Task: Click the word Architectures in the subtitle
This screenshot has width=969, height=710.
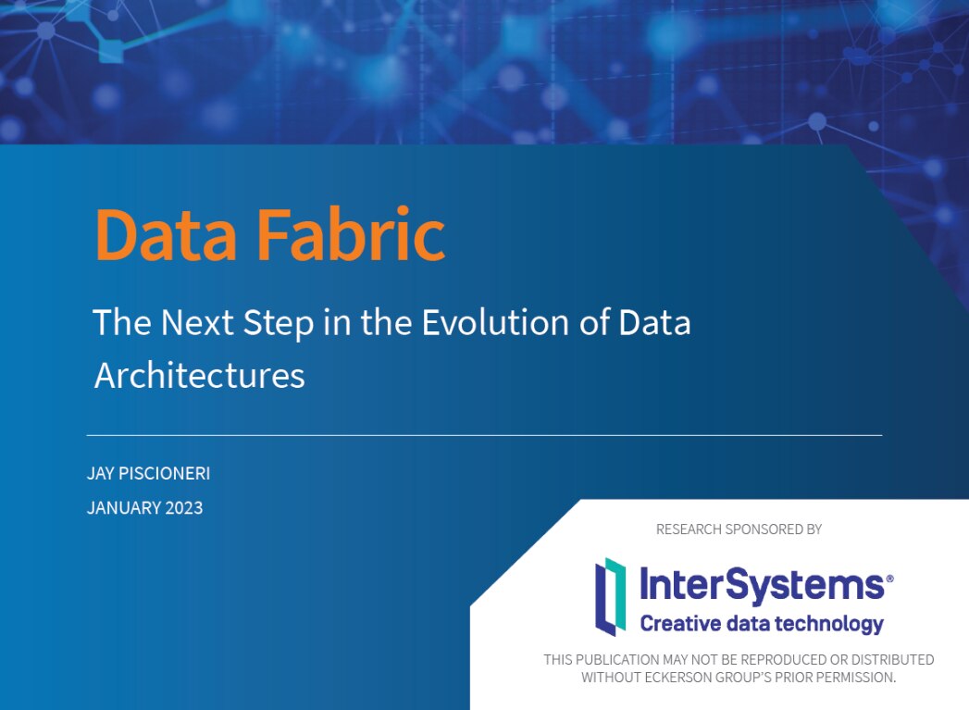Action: pos(199,375)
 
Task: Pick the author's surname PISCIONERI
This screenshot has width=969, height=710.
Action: pos(168,474)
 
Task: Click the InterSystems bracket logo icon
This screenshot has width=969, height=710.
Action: pos(610,596)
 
